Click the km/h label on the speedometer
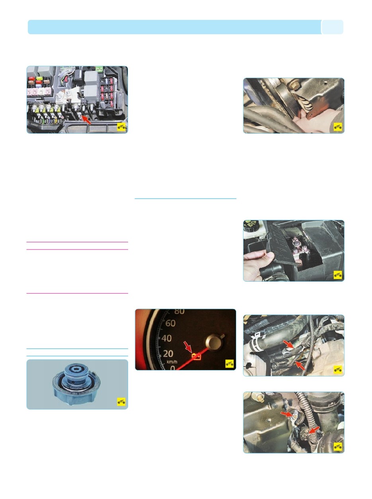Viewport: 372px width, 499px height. (x=172, y=362)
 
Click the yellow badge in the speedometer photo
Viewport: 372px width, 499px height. (x=229, y=363)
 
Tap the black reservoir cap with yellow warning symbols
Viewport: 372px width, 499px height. (x=250, y=226)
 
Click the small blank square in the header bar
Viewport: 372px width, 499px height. (x=332, y=27)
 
